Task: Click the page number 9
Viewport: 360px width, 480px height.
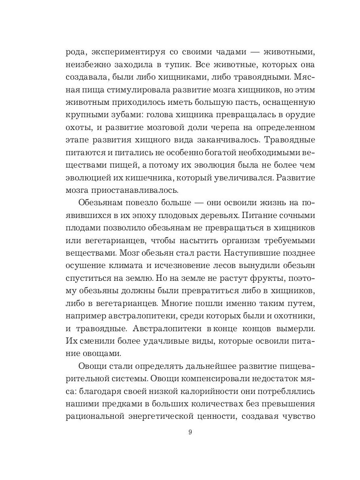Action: point(190,432)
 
